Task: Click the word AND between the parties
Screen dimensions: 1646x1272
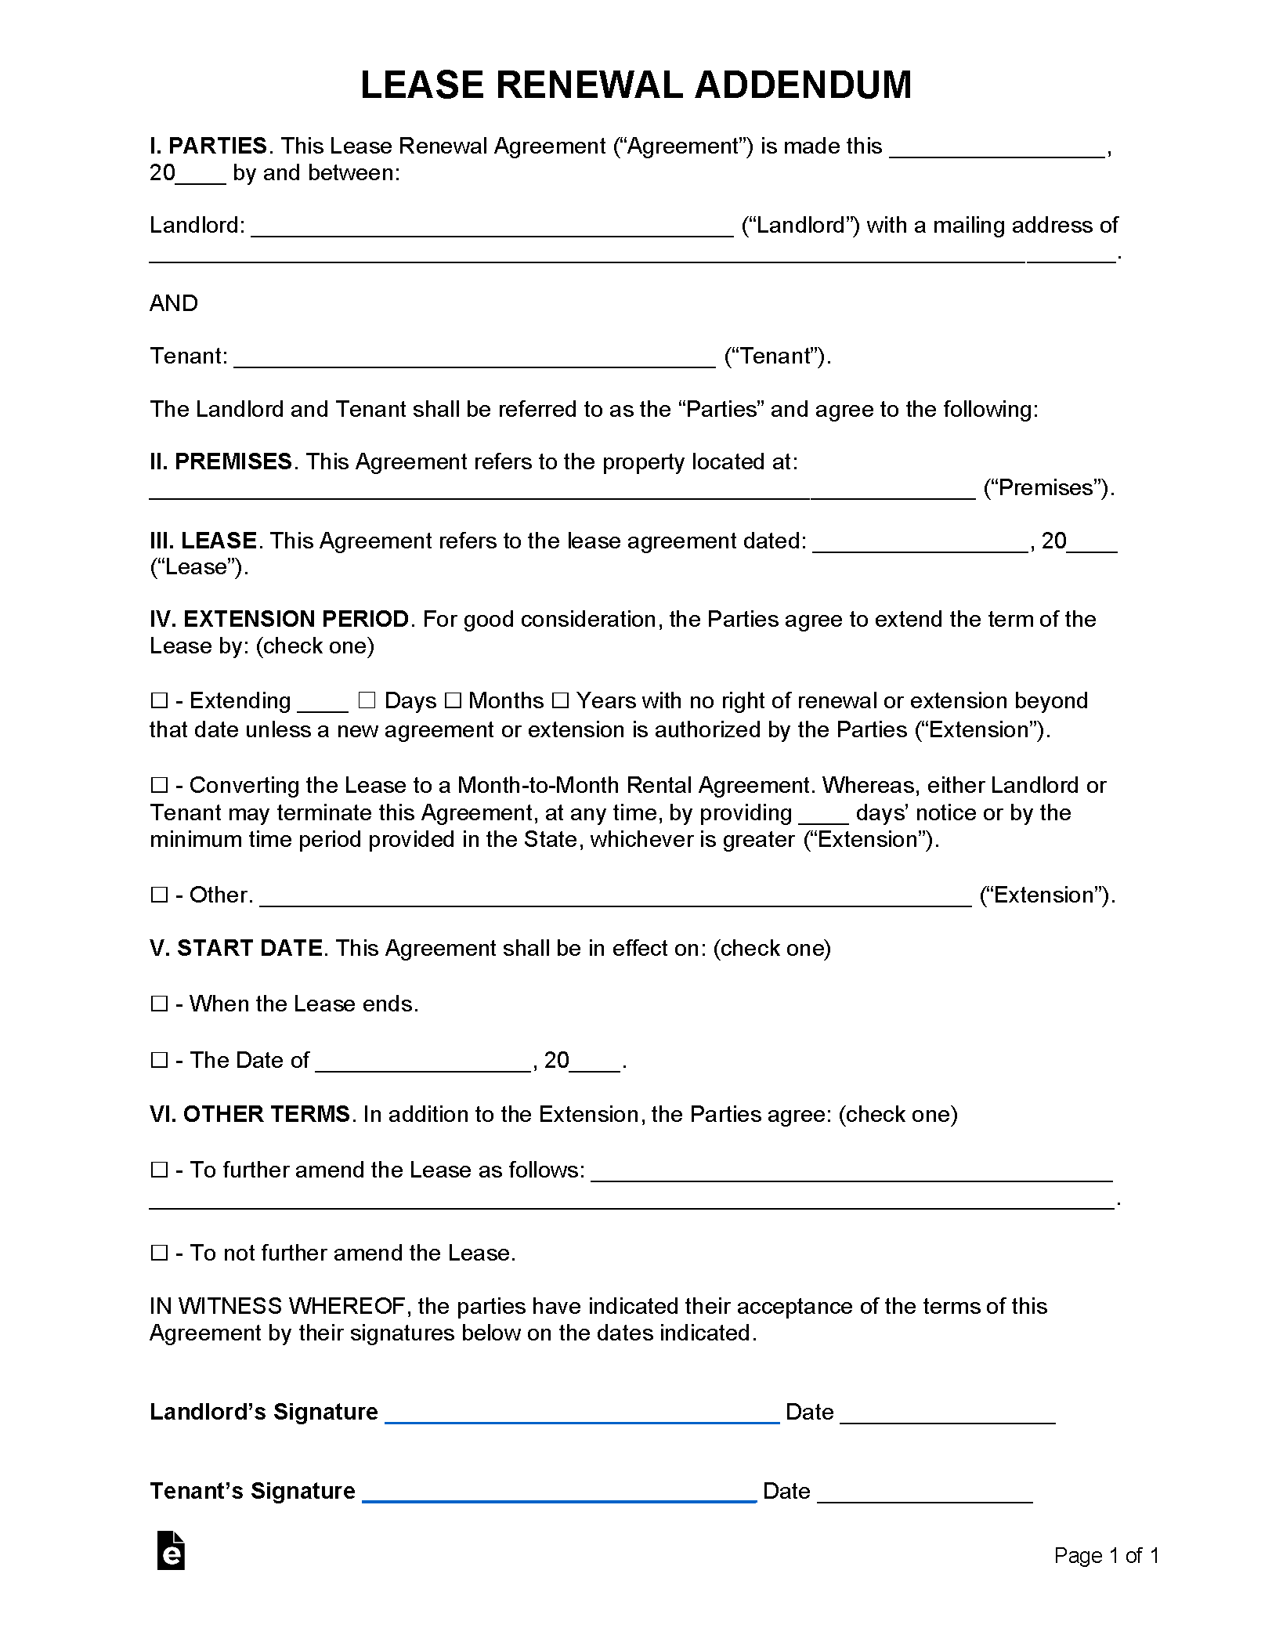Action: point(174,303)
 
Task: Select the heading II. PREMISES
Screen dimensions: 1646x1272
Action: point(221,461)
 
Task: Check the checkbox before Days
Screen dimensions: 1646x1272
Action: point(367,700)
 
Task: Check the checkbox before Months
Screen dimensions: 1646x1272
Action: point(453,700)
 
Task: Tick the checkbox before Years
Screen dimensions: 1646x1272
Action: point(560,700)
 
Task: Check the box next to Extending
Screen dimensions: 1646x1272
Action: point(159,700)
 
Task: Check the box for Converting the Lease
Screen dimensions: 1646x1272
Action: point(159,785)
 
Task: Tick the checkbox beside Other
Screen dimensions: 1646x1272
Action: point(159,895)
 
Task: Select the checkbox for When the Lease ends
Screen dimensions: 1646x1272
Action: point(159,1004)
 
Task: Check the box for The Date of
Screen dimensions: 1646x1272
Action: point(159,1060)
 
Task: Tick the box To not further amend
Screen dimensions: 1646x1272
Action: point(159,1253)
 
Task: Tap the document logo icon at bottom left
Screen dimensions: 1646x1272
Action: point(171,1550)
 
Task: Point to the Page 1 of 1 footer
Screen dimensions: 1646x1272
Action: point(1106,1555)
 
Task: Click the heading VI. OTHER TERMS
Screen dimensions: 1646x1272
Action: point(250,1114)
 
